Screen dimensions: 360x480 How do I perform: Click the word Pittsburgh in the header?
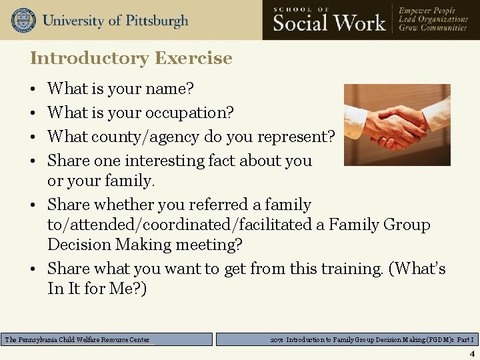click(154, 20)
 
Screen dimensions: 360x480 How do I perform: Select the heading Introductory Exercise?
click(131, 58)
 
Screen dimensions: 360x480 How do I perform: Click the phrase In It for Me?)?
click(97, 289)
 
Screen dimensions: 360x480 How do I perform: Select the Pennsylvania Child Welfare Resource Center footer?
click(78, 340)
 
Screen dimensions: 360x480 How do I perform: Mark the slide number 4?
click(472, 354)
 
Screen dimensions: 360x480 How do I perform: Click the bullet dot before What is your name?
click(33, 89)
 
